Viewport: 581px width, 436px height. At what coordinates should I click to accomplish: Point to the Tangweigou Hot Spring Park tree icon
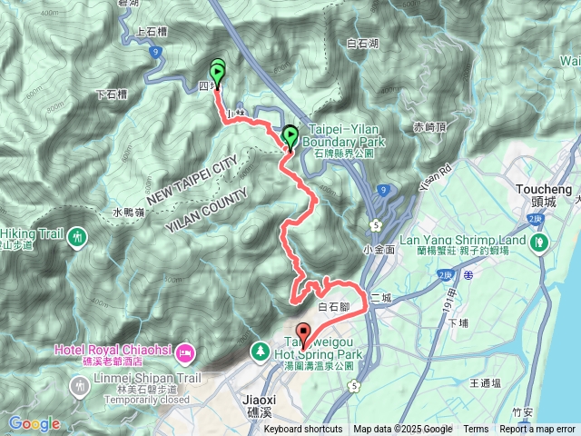point(260,350)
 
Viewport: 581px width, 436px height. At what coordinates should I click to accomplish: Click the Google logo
point(34,423)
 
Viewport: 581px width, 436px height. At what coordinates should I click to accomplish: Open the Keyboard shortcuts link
point(303,430)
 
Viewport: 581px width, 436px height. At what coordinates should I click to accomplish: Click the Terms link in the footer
point(476,430)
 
